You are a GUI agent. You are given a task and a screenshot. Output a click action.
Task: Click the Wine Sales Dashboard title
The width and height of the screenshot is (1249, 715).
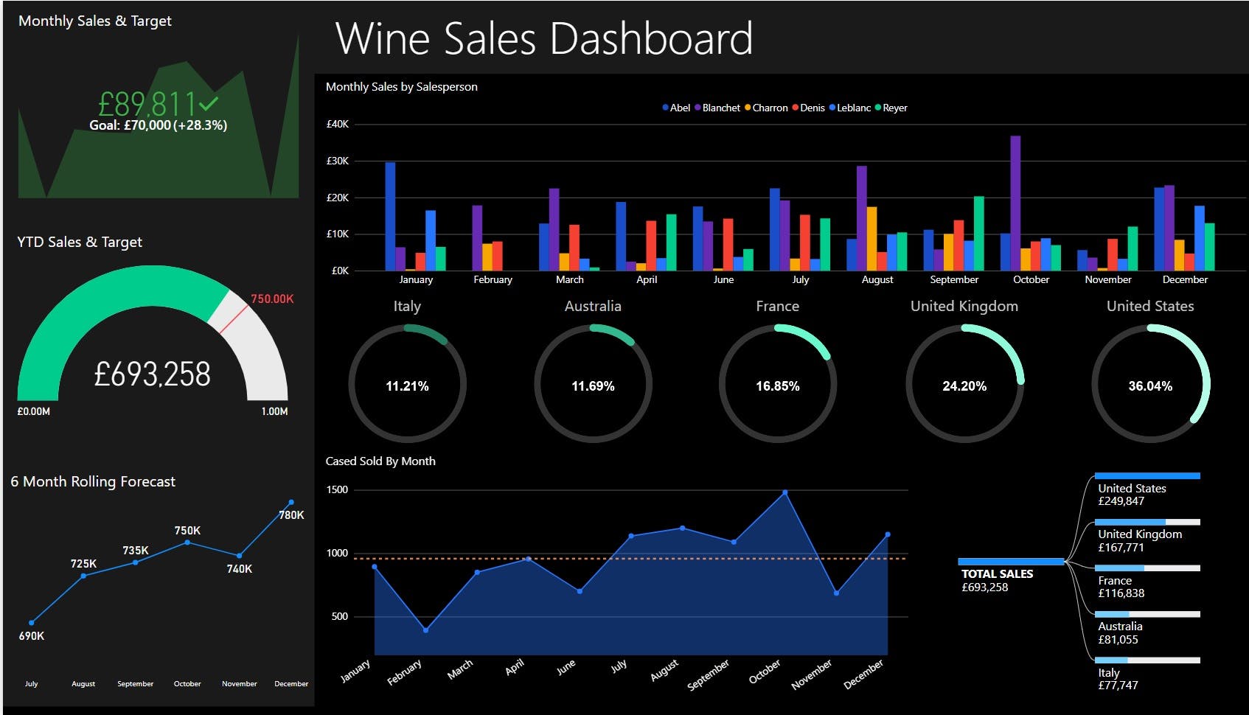[544, 38]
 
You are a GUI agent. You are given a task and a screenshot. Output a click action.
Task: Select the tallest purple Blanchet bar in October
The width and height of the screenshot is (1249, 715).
[1015, 203]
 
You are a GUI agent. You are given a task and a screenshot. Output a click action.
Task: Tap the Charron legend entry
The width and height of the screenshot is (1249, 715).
[766, 108]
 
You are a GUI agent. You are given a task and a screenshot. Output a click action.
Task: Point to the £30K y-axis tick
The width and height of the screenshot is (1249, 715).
[338, 161]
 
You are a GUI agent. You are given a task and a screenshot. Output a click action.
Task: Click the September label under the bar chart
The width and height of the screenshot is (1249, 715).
[954, 280]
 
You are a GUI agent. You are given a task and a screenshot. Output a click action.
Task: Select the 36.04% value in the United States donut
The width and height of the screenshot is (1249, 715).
[1149, 386]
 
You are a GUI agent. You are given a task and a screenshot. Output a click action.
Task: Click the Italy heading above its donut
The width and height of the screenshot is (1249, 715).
[407, 306]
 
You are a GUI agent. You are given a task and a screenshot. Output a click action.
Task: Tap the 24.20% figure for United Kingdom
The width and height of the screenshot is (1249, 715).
[964, 386]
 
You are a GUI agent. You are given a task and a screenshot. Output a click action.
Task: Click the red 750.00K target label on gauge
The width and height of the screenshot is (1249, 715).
[271, 299]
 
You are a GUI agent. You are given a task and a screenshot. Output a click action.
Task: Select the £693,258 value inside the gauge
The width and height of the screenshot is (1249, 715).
[153, 374]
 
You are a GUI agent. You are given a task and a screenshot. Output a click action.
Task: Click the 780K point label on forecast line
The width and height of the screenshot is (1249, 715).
[291, 515]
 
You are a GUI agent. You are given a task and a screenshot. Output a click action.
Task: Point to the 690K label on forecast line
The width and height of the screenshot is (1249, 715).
[32, 635]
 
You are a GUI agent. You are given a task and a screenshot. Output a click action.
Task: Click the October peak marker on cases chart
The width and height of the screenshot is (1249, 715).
[784, 492]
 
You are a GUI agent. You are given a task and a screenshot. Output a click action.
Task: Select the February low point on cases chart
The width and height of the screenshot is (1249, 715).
[425, 630]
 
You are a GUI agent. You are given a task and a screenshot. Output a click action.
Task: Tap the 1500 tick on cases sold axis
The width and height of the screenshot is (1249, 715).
[337, 490]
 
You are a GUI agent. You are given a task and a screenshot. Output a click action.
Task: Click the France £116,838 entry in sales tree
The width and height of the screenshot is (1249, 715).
[1121, 587]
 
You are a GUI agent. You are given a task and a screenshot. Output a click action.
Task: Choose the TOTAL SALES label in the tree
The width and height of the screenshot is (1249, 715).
[997, 573]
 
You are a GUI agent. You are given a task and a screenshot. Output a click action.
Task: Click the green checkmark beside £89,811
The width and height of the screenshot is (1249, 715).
[209, 103]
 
